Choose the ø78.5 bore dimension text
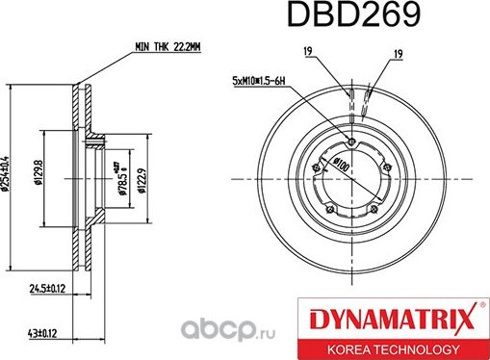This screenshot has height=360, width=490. click(x=121, y=179)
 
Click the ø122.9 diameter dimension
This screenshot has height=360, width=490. click(x=142, y=179)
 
